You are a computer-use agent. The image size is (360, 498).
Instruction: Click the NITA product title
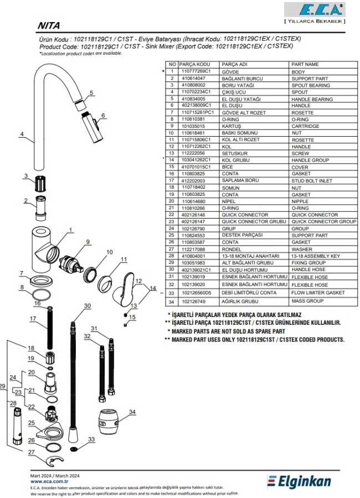[49, 25]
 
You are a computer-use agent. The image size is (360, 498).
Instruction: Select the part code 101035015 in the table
[193, 126]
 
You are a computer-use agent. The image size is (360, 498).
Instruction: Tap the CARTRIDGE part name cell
[305, 126]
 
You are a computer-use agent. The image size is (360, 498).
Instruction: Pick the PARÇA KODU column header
[194, 65]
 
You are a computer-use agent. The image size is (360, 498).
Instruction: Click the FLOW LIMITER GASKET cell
[318, 293]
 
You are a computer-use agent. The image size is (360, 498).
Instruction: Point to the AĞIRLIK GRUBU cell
[240, 302]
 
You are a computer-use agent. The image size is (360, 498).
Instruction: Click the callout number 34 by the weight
[132, 412]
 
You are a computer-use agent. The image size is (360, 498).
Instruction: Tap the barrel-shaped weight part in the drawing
[108, 422]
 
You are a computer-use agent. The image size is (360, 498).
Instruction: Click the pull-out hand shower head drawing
[94, 127]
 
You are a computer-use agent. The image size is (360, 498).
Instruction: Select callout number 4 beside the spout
[22, 134]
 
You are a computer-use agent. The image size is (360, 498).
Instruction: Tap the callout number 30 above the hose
[87, 306]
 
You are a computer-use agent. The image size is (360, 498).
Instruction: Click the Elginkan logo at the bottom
[299, 481]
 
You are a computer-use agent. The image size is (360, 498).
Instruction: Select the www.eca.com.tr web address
[49, 481]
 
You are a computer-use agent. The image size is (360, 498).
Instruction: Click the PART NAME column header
[305, 65]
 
